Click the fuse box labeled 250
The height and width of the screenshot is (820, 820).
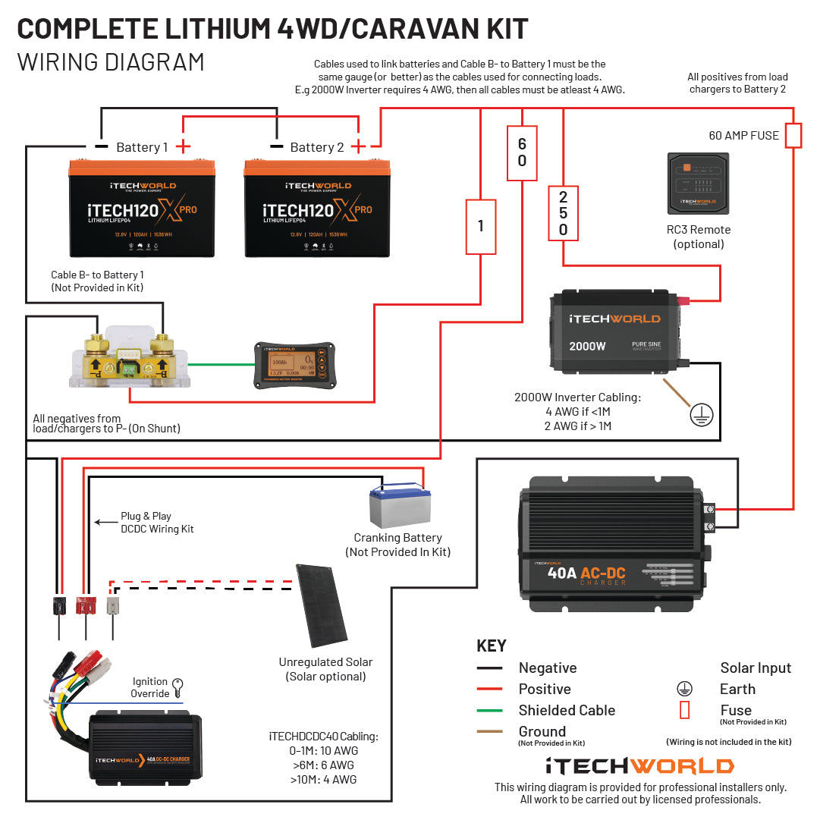[x=563, y=213]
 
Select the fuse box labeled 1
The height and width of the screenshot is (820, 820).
[x=480, y=226]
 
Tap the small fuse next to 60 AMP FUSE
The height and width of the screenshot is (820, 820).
[x=793, y=135]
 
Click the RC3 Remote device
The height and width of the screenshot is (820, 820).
[x=697, y=184]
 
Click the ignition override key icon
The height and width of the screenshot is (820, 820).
[x=178, y=687]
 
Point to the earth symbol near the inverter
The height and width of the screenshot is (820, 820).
[x=701, y=414]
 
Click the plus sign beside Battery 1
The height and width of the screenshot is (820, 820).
[x=184, y=146]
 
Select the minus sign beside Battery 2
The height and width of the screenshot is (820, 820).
[x=276, y=146]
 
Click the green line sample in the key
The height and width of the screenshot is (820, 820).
[x=489, y=711]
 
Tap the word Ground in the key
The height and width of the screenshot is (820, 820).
[x=542, y=731]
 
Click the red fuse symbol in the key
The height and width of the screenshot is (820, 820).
[x=684, y=711]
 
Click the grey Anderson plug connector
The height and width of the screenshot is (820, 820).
[x=113, y=605]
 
